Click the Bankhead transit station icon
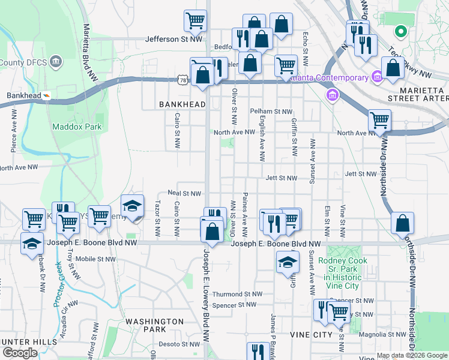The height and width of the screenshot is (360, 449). tap(46, 95)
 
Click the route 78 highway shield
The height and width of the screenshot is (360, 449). tap(182, 79)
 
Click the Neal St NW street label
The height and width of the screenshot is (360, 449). tap(184, 194)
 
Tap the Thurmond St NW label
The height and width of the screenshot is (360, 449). tap(237, 294)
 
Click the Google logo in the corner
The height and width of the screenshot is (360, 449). tap(20, 353)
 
